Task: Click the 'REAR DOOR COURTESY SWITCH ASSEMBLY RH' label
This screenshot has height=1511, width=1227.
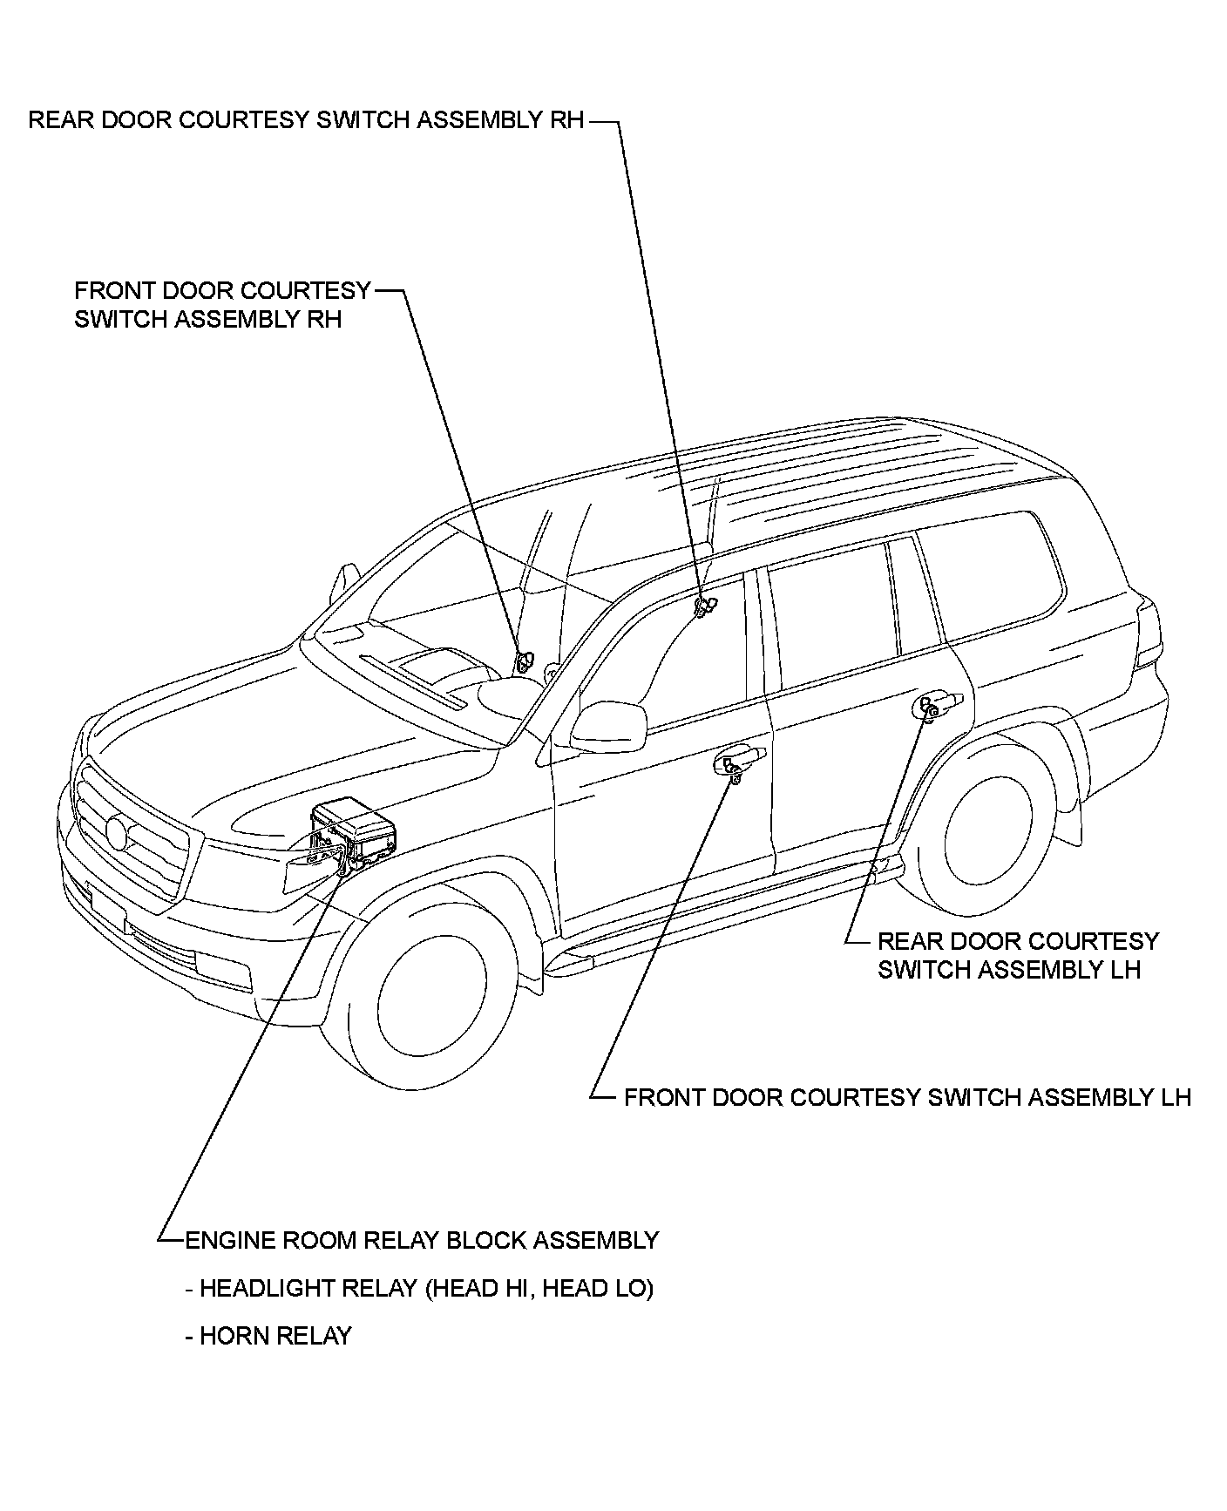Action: pyautogui.click(x=306, y=120)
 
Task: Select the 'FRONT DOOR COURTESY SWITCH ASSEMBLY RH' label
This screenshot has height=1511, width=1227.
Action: pyautogui.click(x=222, y=305)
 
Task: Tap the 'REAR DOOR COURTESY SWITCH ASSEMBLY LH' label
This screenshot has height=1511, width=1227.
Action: pyautogui.click(x=1017, y=955)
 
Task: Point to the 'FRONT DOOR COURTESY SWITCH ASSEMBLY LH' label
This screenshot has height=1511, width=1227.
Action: pyautogui.click(x=906, y=1096)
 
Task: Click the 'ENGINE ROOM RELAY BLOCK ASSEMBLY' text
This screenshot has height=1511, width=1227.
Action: pyautogui.click(x=422, y=1240)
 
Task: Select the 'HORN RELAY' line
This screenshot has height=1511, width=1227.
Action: pyautogui.click(x=268, y=1336)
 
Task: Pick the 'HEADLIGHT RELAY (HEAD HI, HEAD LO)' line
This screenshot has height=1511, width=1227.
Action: pyautogui.click(x=419, y=1288)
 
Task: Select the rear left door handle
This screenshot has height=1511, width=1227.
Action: pyautogui.click(x=939, y=701)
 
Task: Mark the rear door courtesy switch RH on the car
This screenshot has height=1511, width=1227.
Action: pyautogui.click(x=703, y=605)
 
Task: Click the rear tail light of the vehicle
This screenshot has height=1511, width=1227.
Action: pyautogui.click(x=1149, y=632)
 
